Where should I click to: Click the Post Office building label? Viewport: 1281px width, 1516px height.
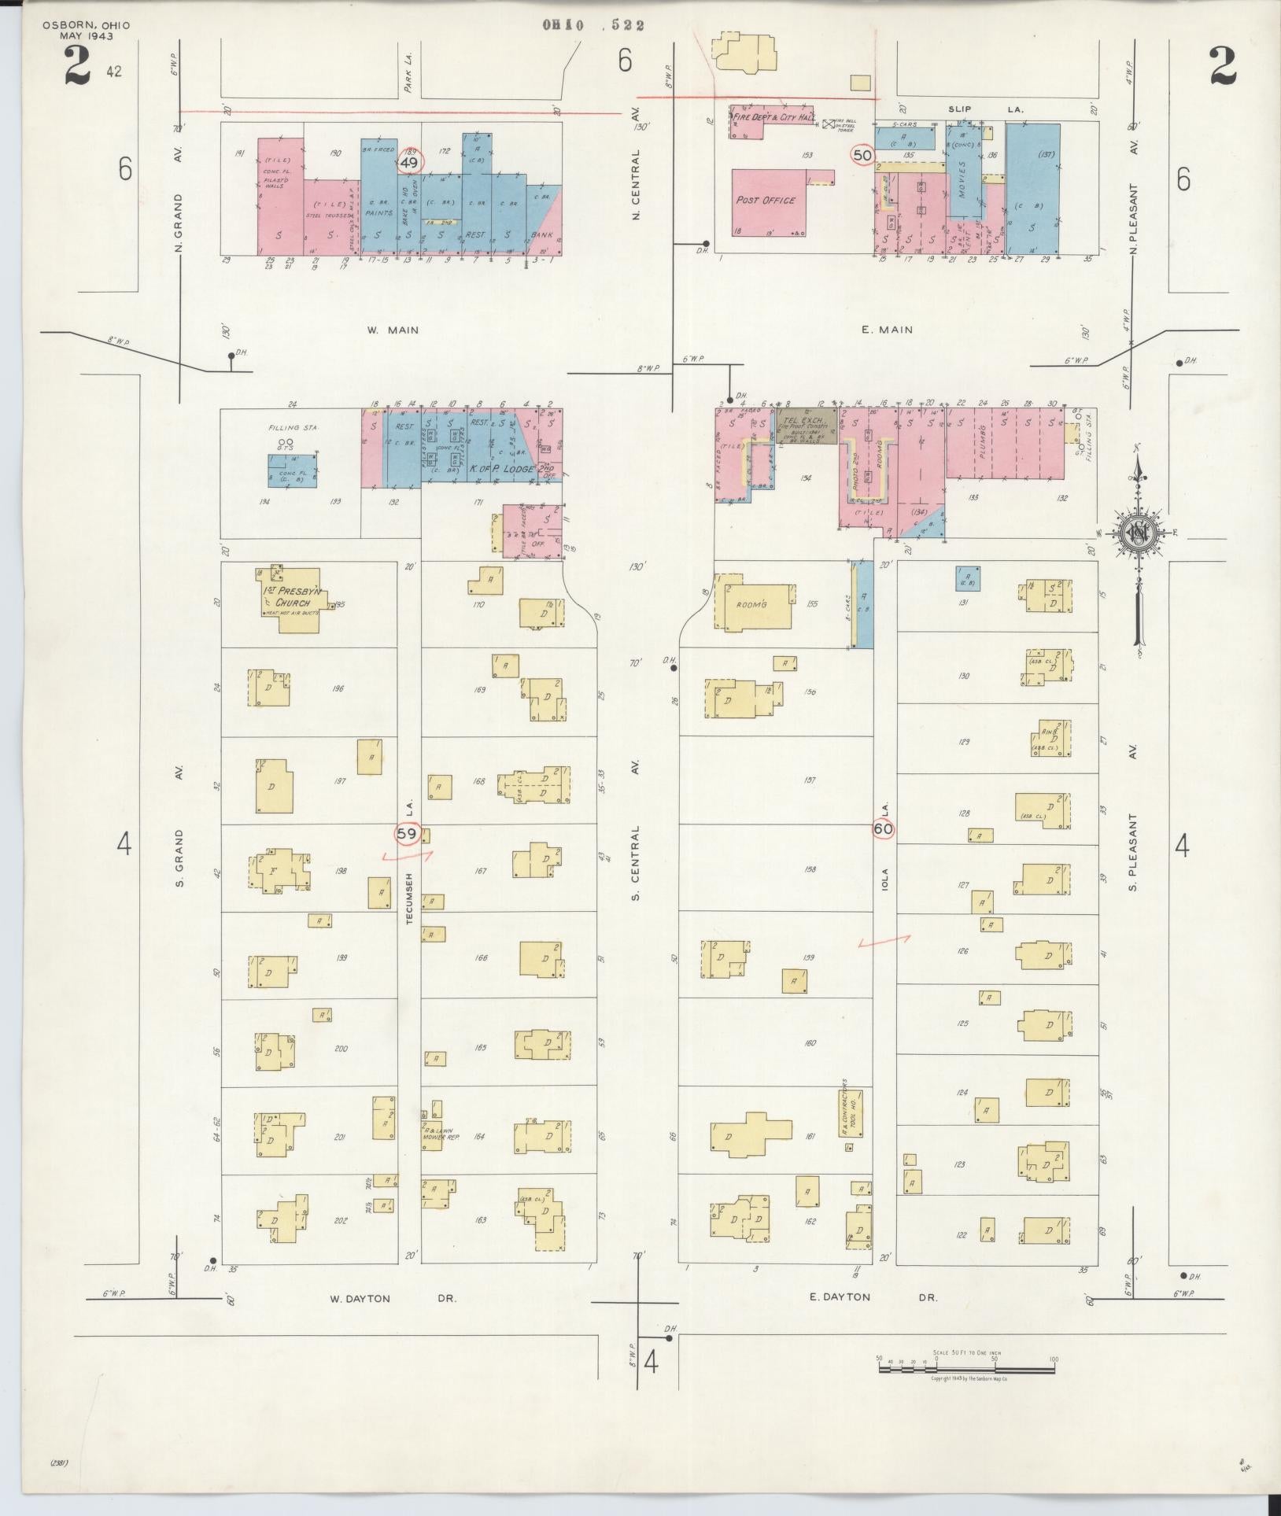click(765, 201)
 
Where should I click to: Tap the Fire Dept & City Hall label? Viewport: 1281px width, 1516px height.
click(770, 116)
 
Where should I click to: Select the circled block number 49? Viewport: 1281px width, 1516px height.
click(408, 163)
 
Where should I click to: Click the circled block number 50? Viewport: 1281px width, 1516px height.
click(862, 155)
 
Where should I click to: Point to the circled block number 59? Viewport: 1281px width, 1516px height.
click(407, 833)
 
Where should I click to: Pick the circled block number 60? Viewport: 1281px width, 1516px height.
click(883, 828)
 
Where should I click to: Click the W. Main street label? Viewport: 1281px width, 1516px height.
click(393, 330)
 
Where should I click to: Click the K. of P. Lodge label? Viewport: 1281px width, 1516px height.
click(502, 470)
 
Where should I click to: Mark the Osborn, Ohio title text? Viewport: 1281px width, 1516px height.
click(86, 31)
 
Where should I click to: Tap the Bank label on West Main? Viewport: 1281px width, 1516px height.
click(543, 234)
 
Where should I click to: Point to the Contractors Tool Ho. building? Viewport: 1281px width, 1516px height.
click(854, 1112)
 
